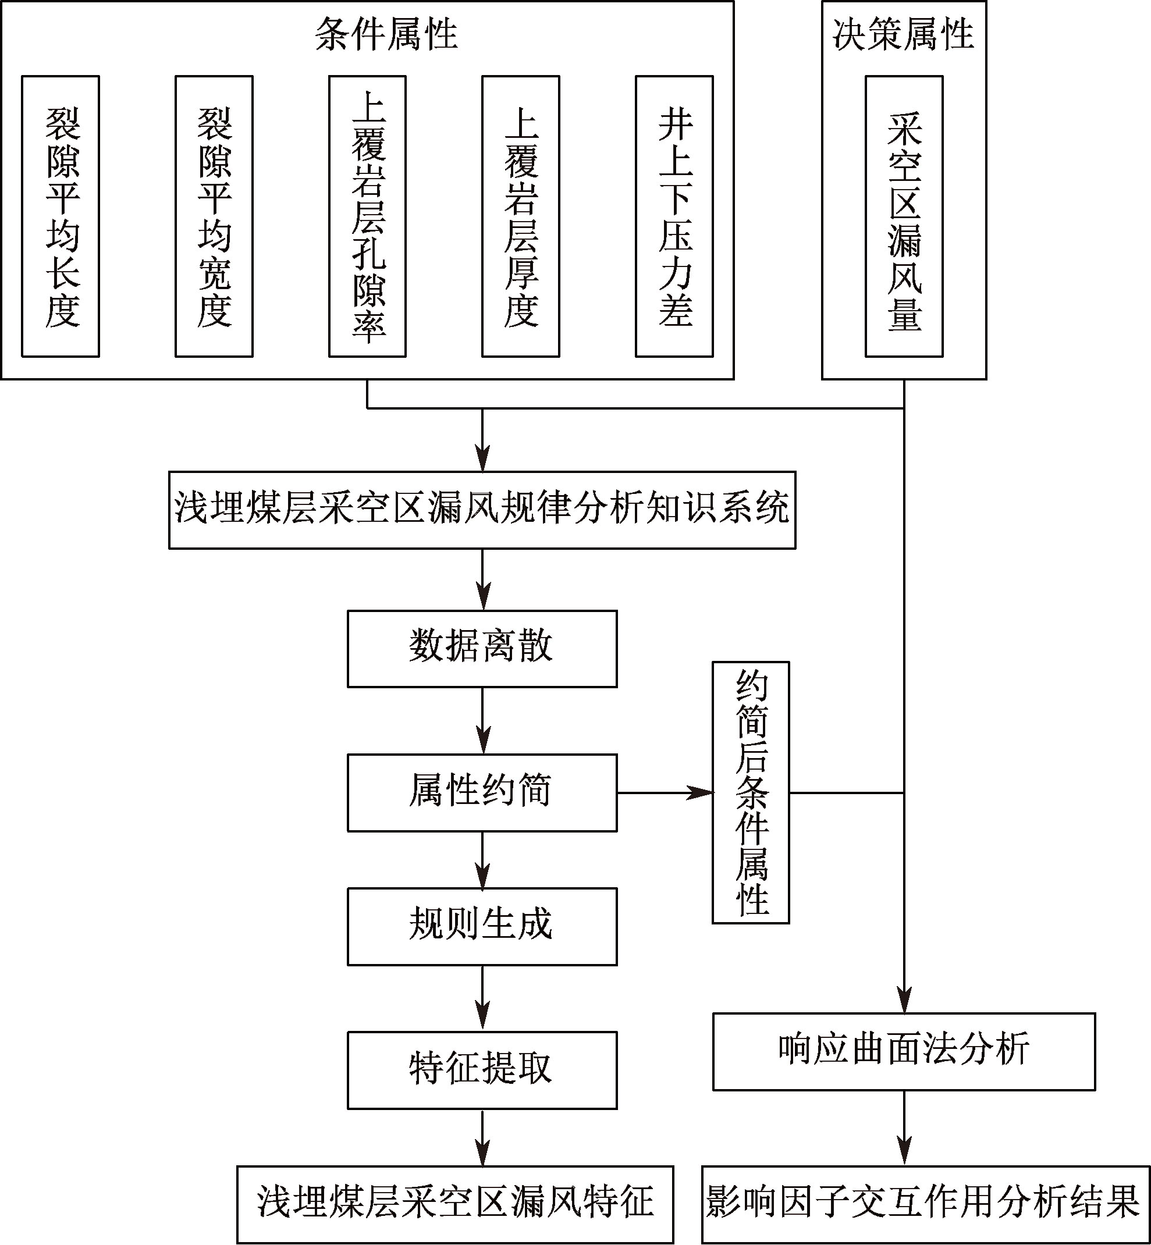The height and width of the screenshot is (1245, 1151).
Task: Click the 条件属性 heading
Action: pyautogui.click(x=386, y=34)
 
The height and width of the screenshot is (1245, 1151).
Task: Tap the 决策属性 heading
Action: pyautogui.click(x=903, y=34)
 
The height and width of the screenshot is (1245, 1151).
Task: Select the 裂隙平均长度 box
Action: pyautogui.click(x=61, y=216)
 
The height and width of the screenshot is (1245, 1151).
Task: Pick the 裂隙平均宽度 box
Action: pyautogui.click(x=214, y=216)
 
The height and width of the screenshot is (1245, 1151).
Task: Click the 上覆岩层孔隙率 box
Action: pyautogui.click(x=368, y=216)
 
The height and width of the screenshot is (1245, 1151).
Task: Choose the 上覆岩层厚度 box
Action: pyautogui.click(x=521, y=216)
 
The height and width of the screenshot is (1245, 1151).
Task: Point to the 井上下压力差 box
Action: pyautogui.click(x=674, y=216)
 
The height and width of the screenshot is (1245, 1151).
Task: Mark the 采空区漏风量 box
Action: pyautogui.click(x=904, y=216)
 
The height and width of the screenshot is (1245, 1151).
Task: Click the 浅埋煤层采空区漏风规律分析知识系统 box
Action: pyautogui.click(x=482, y=510)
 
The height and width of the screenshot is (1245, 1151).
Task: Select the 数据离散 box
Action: pyautogui.click(x=482, y=648)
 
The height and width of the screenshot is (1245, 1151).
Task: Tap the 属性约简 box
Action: pyautogui.click(x=482, y=793)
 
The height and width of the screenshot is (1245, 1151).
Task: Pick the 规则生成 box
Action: pyautogui.click(x=482, y=927)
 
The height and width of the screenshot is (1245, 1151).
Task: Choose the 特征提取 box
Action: pyautogui.click(x=482, y=1070)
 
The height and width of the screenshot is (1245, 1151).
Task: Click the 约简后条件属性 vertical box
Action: pyautogui.click(x=751, y=792)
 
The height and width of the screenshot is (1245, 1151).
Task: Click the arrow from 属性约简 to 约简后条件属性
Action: pyautogui.click(x=665, y=793)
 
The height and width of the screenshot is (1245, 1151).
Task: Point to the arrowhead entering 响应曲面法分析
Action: pyautogui.click(x=904, y=1000)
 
